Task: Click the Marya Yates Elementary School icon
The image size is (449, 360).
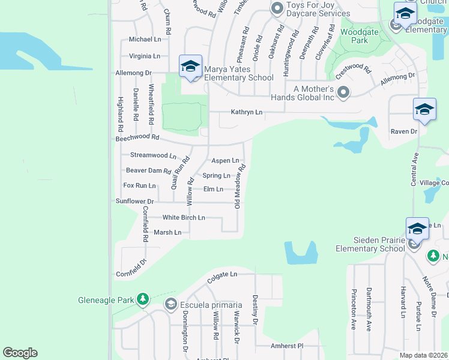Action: [190, 66]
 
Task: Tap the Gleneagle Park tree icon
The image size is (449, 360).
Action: [143, 299]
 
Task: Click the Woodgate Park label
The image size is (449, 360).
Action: [354, 36]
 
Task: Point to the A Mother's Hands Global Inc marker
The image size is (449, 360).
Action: [343, 92]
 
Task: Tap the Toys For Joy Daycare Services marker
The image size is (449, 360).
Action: [277, 8]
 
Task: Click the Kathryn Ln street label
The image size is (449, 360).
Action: [247, 112]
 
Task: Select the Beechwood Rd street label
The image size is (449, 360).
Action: [137, 138]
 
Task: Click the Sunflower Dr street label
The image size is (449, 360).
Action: [135, 202]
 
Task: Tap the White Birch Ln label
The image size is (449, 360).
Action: [184, 217]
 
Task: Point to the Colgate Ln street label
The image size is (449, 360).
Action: [222, 274]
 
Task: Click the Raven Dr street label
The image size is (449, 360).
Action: [403, 131]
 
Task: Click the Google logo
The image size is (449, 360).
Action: [20, 353]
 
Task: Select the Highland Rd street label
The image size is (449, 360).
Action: [120, 114]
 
